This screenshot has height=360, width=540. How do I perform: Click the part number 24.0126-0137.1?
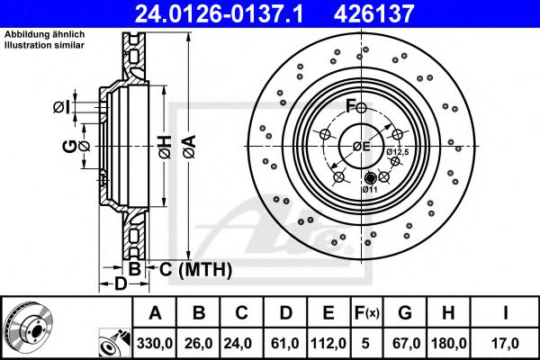[x=232, y=13]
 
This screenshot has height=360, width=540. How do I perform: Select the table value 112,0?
[x=328, y=342]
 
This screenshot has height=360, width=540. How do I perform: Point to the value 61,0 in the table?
[x=285, y=342]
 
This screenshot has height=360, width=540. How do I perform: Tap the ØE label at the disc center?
[x=360, y=146]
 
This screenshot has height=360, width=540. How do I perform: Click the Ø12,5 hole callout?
[x=399, y=153]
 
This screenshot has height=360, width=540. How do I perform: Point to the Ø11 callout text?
[x=370, y=190]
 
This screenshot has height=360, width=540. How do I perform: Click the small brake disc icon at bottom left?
[x=28, y=328]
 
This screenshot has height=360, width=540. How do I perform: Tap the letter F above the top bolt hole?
[x=352, y=106]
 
